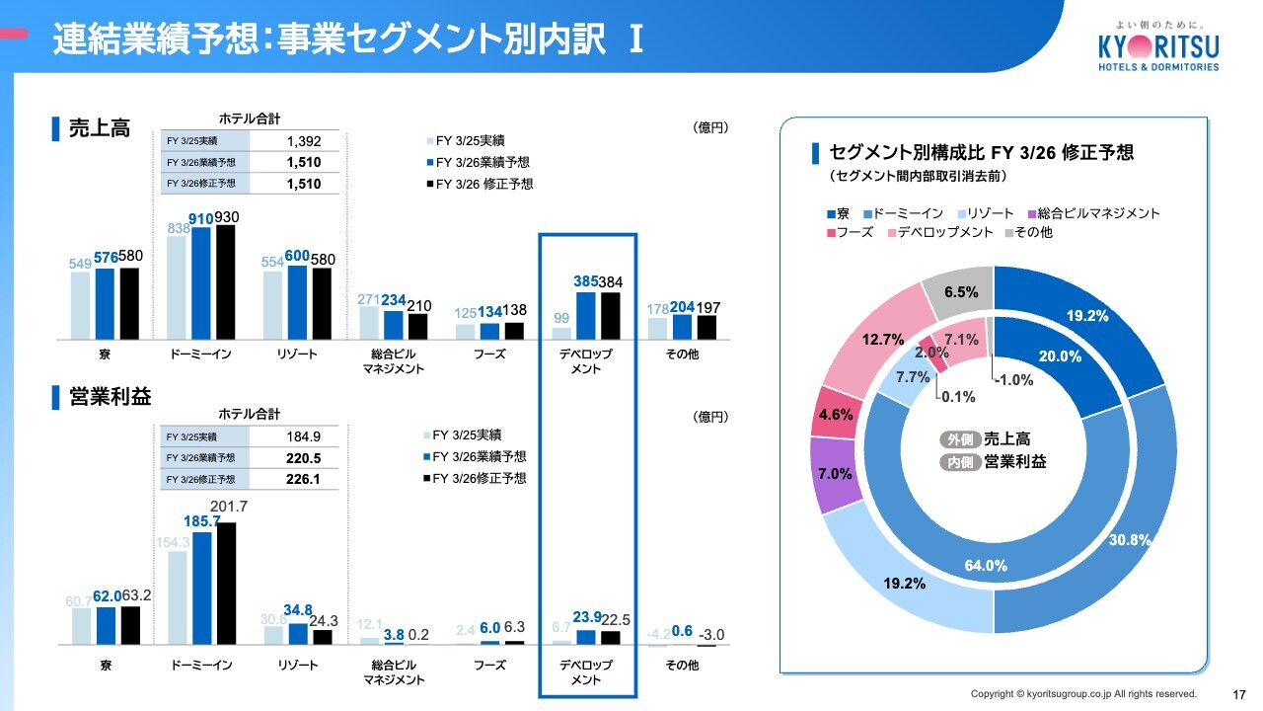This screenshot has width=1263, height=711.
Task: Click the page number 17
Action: pyautogui.click(x=1239, y=694)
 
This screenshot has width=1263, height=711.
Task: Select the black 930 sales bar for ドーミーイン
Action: pyautogui.click(x=226, y=282)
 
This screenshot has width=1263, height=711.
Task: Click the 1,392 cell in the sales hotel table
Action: pyautogui.click(x=304, y=141)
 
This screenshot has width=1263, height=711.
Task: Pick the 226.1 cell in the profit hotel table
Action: pyautogui.click(x=304, y=479)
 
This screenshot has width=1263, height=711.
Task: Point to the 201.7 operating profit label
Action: pyautogui.click(x=229, y=507)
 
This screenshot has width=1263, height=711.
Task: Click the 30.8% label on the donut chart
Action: pyautogui.click(x=1130, y=539)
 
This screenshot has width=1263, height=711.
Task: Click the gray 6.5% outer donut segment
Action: pyautogui.click(x=957, y=293)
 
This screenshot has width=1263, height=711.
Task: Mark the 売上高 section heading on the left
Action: pyautogui.click(x=99, y=127)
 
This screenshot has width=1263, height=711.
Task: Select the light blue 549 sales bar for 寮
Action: pyautogui.click(x=80, y=305)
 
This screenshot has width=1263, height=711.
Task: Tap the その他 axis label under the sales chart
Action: pyautogui.click(x=682, y=355)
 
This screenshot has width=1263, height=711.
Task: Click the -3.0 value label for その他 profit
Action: pyautogui.click(x=712, y=634)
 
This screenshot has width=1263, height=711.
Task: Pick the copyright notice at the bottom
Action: pyautogui.click(x=1083, y=693)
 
